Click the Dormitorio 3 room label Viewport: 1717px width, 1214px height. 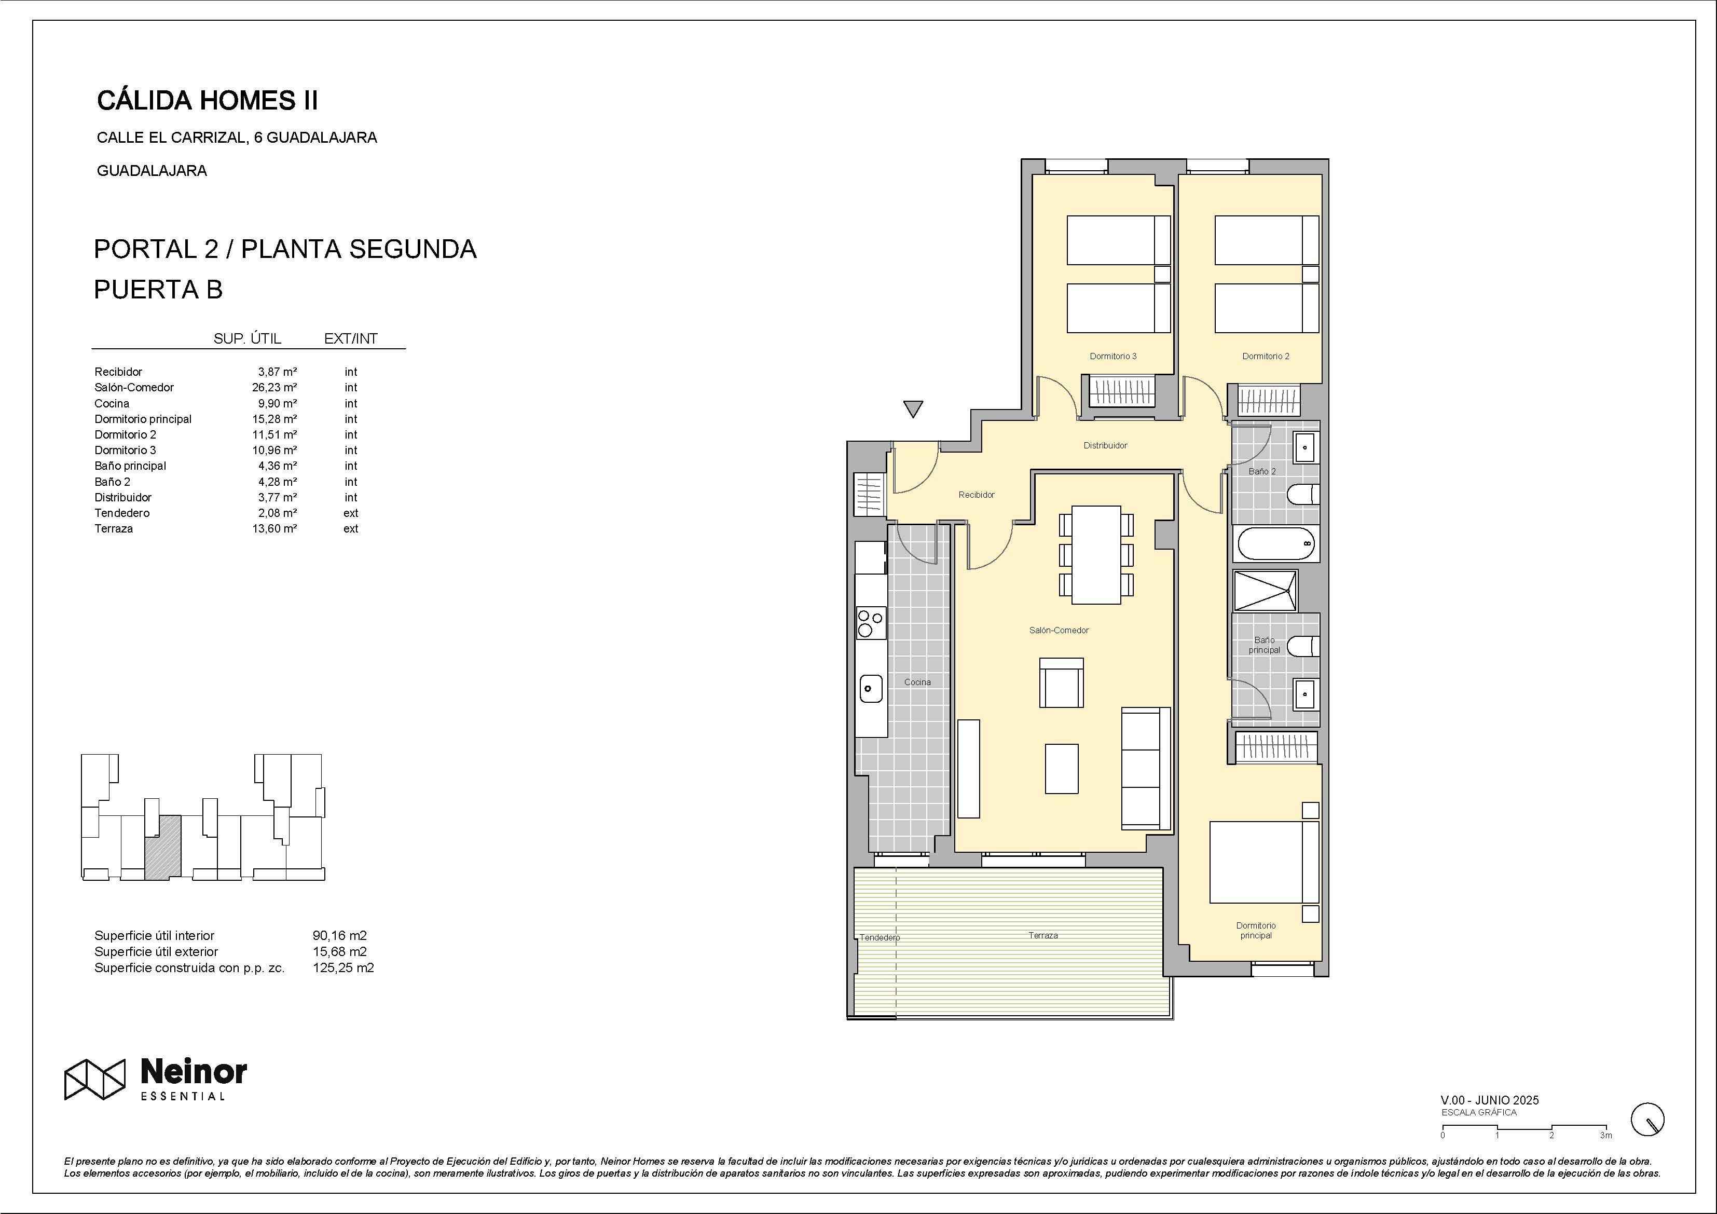tap(1113, 356)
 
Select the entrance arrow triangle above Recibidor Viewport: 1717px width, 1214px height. tap(913, 409)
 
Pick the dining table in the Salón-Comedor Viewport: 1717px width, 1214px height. tap(1096, 555)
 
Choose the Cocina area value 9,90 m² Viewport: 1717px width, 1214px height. tap(278, 404)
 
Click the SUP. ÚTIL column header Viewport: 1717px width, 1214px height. tap(248, 339)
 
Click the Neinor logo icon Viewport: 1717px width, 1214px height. tap(94, 1080)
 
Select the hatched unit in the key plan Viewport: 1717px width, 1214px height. tap(163, 846)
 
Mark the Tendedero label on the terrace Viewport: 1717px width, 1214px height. tap(880, 937)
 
